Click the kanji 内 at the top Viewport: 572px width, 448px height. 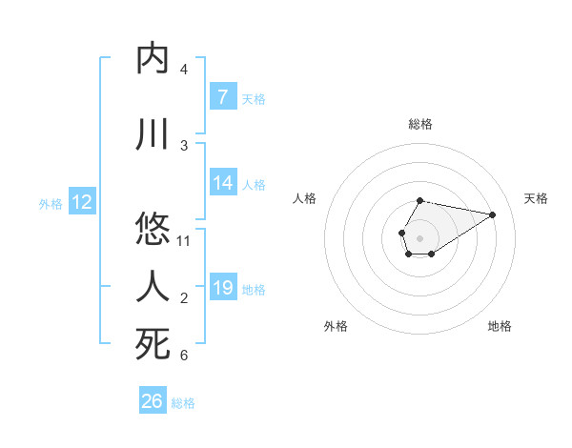153,58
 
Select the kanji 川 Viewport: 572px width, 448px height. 153,134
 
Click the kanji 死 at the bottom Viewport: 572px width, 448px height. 153,344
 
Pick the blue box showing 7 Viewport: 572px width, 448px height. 222,97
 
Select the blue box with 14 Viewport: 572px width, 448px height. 222,184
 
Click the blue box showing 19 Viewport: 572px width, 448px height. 222,288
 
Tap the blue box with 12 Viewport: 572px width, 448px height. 81,202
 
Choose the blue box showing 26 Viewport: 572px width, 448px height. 153,401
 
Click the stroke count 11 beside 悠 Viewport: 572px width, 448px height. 185,241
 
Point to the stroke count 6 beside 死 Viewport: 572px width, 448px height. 184,356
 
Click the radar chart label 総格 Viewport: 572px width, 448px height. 420,124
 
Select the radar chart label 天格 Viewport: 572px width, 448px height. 536,198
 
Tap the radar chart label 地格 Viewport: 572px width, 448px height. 500,326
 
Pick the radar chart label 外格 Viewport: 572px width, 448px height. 336,326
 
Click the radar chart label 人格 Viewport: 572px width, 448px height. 305,198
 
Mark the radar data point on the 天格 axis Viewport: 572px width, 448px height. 492,214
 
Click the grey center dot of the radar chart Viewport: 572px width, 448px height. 419,236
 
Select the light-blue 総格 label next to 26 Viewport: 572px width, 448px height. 183,403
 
